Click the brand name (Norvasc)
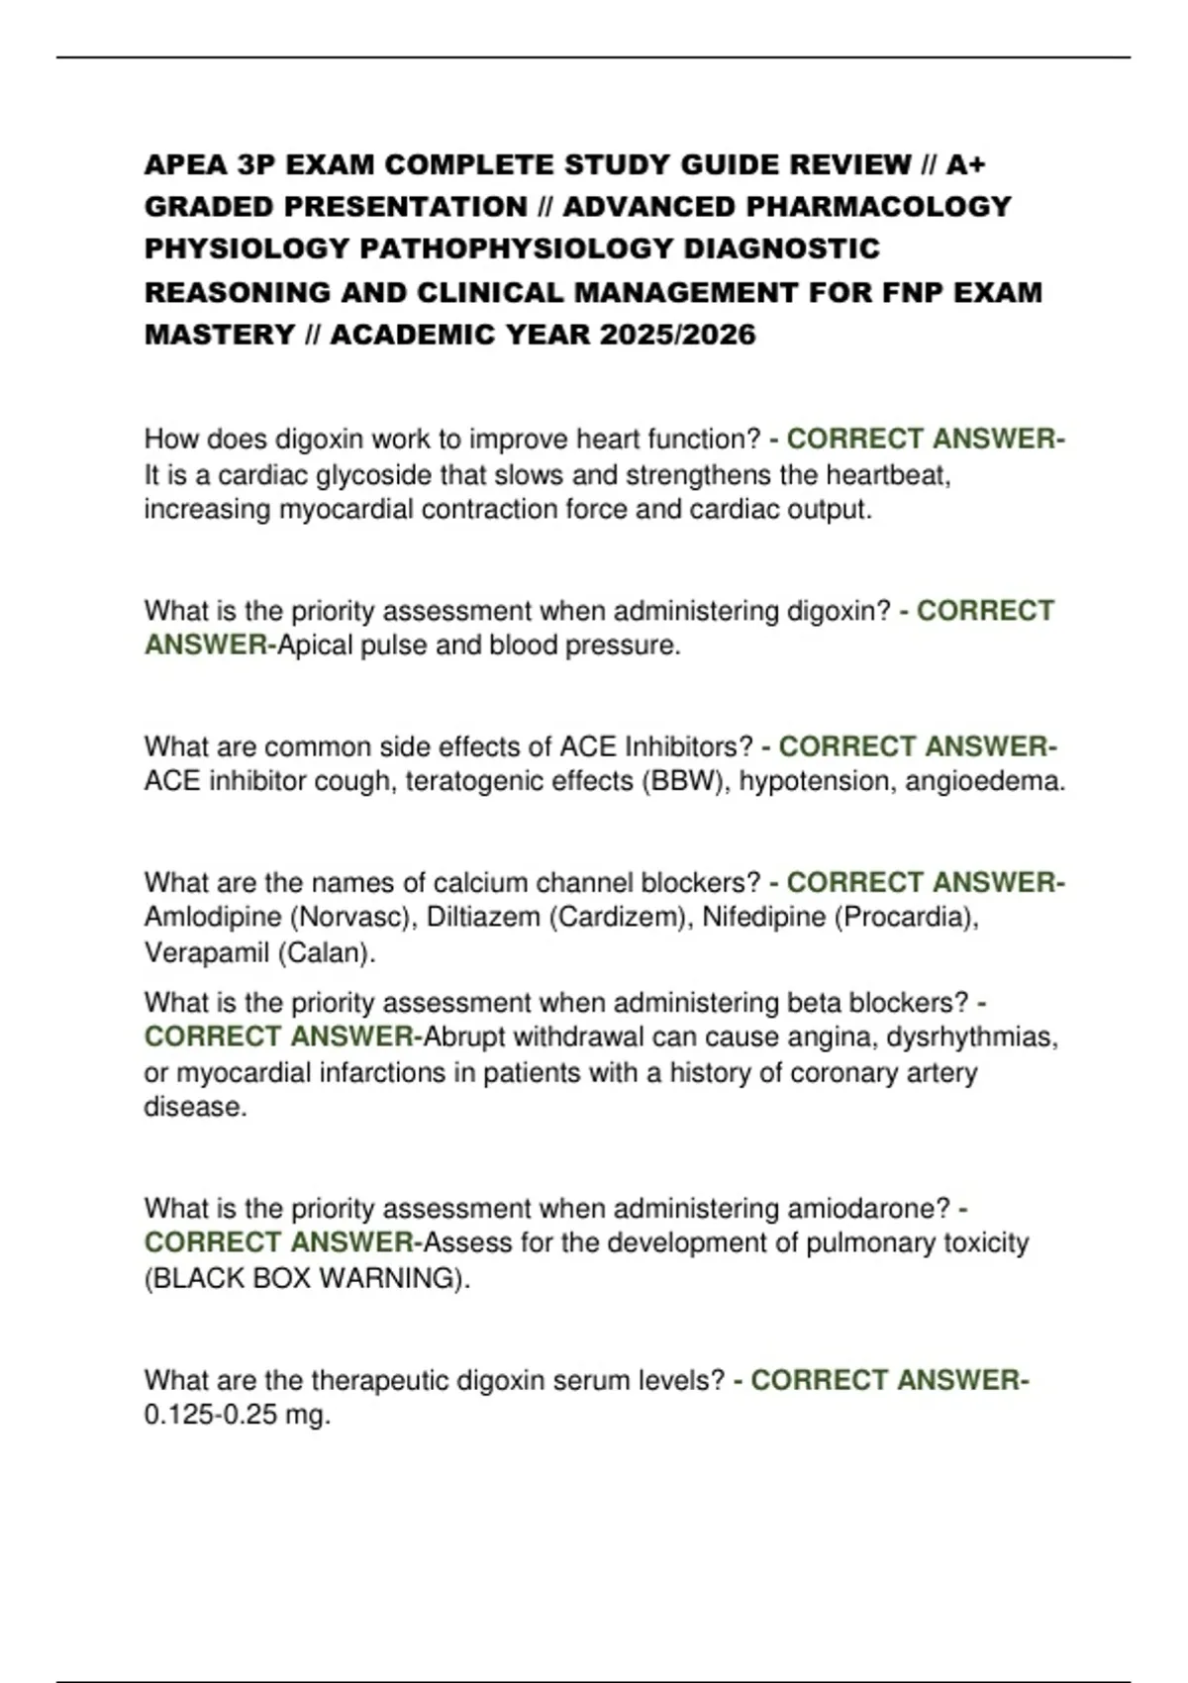pyautogui.click(x=353, y=917)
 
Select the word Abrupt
pyautogui.click(x=464, y=1037)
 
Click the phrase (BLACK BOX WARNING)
pyautogui.click(x=307, y=1278)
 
